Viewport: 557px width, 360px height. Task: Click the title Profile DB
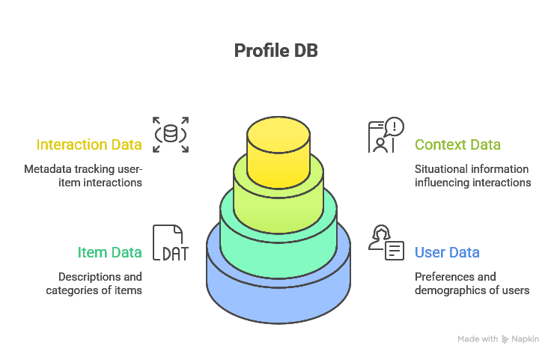pyautogui.click(x=278, y=51)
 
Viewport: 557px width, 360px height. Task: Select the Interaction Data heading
pyautogui.click(x=89, y=145)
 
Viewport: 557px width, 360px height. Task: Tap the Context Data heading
pyautogui.click(x=457, y=145)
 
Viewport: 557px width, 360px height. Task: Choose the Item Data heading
pyautogui.click(x=109, y=253)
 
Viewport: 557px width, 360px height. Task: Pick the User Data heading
pyautogui.click(x=447, y=253)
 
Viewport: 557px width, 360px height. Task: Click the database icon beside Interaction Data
pyautogui.click(x=171, y=135)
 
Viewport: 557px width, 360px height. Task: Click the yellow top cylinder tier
pyautogui.click(x=278, y=150)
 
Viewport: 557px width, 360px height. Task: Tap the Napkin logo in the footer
pyautogui.click(x=506, y=339)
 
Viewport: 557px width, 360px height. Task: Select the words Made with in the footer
pyautogui.click(x=478, y=339)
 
